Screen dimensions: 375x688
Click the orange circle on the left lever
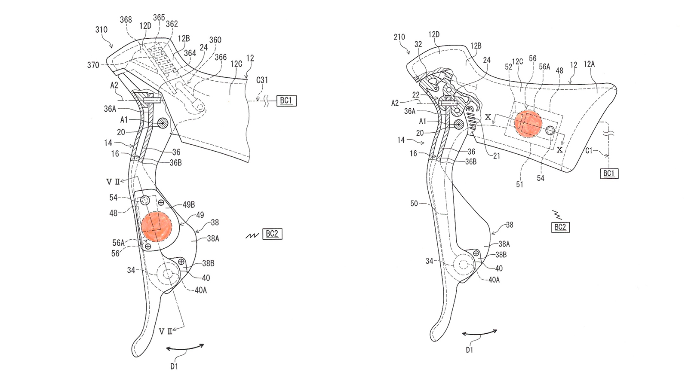(156, 226)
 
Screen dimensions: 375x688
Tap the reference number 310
(101, 30)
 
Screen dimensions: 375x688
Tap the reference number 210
(399, 37)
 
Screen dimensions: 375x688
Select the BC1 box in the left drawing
(286, 101)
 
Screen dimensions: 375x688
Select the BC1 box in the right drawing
(609, 174)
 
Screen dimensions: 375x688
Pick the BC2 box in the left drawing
(272, 234)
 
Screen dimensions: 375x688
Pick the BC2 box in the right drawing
(560, 227)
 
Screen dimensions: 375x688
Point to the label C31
(262, 80)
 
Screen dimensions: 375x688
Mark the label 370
(93, 65)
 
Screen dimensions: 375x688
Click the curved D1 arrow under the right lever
(479, 334)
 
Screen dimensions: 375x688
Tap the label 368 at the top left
(126, 20)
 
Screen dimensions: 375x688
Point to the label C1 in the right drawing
(589, 151)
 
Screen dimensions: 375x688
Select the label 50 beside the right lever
(414, 203)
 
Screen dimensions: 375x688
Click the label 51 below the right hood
(519, 184)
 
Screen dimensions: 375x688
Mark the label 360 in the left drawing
(215, 40)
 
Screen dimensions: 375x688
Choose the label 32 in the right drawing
(418, 44)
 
